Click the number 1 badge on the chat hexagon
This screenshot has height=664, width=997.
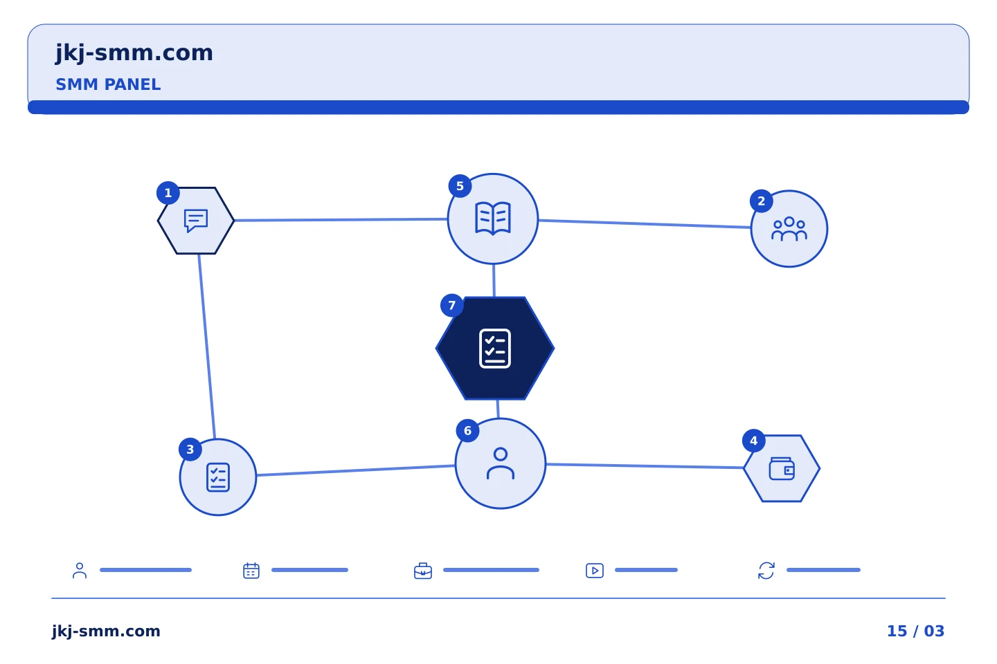tap(168, 193)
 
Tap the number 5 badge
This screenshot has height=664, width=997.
tap(460, 186)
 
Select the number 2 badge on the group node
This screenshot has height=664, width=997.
tap(761, 201)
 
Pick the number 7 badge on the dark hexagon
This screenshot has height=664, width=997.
tap(451, 306)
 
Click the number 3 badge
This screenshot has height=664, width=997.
tap(190, 450)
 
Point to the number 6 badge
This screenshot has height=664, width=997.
tap(467, 430)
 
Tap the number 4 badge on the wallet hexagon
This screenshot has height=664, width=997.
tap(753, 441)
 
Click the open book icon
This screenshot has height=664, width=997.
tap(493, 218)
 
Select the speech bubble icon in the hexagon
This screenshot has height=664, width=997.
tap(196, 221)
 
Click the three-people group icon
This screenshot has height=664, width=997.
tap(789, 229)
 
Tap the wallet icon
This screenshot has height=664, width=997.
tap(782, 469)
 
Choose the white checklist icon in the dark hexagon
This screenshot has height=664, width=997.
tap(495, 349)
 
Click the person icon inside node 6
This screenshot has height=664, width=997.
tap(501, 463)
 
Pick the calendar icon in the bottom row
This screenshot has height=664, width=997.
tap(251, 571)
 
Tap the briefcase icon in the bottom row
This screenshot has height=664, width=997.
tap(423, 571)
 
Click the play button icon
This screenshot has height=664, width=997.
tap(595, 571)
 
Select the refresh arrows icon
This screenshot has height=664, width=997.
tap(766, 571)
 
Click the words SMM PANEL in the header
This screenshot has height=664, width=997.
tap(108, 84)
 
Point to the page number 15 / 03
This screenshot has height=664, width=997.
tap(915, 631)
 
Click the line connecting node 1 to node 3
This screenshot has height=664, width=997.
tap(207, 347)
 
